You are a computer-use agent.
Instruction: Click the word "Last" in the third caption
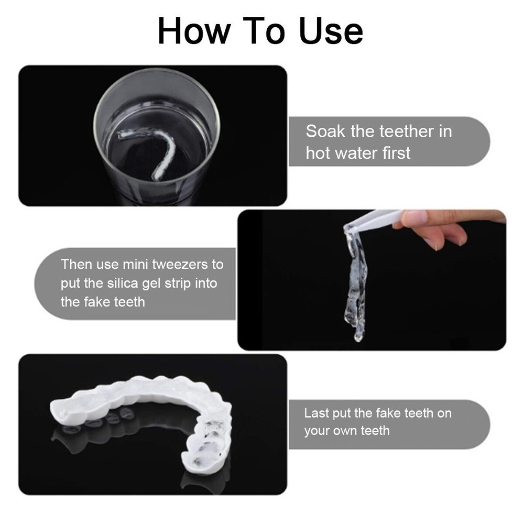tap(316, 413)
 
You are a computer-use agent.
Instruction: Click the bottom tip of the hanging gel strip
tap(358, 337)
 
